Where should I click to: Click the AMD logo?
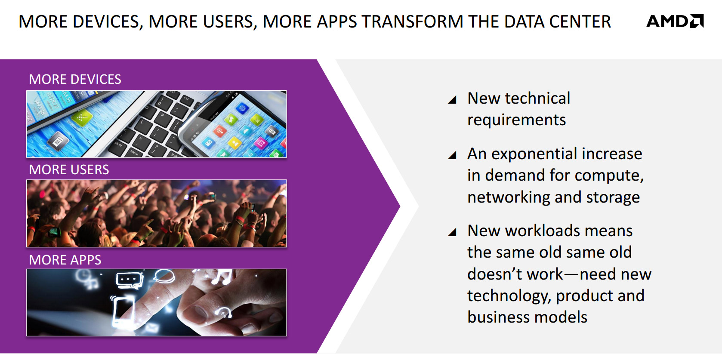pyautogui.click(x=675, y=21)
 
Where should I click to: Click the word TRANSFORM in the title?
pyautogui.click(x=412, y=22)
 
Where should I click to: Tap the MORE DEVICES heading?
pyautogui.click(x=75, y=79)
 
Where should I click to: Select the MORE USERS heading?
pyautogui.click(x=69, y=169)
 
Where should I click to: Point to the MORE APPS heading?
pyautogui.click(x=65, y=260)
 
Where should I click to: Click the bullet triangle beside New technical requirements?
pyautogui.click(x=453, y=100)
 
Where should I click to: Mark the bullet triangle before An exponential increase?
pyautogui.click(x=453, y=155)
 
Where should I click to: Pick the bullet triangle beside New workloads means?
pyautogui.click(x=453, y=232)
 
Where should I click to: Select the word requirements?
pyautogui.click(x=517, y=120)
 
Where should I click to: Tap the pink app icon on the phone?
pyautogui.click(x=260, y=142)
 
